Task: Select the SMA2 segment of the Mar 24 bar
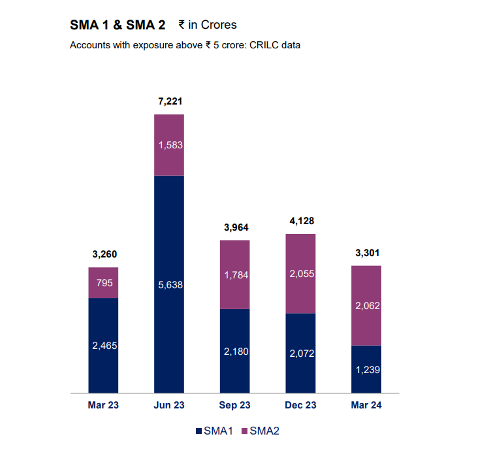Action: pyautogui.click(x=366, y=305)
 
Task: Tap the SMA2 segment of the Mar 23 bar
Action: pyautogui.click(x=103, y=282)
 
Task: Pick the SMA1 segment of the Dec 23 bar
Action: pyautogui.click(x=300, y=353)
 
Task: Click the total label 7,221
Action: pyautogui.click(x=168, y=101)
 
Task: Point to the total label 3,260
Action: pyautogui.click(x=103, y=254)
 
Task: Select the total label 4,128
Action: pyautogui.click(x=300, y=221)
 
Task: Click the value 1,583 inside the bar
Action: pyautogui.click(x=168, y=144)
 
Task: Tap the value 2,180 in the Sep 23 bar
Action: pyautogui.click(x=235, y=352)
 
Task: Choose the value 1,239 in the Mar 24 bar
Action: pyautogui.click(x=366, y=369)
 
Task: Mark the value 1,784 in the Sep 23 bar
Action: pyautogui.click(x=235, y=275)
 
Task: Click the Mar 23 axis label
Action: pyautogui.click(x=103, y=406)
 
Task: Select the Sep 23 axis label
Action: pyautogui.click(x=235, y=406)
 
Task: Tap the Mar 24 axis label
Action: pyautogui.click(x=366, y=406)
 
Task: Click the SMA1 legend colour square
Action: pyautogui.click(x=199, y=431)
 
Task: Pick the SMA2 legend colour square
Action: pyautogui.click(x=245, y=431)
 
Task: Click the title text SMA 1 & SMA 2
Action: pyautogui.click(x=118, y=25)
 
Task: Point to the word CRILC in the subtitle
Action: pyautogui.click(x=263, y=46)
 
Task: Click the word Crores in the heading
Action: pyautogui.click(x=219, y=25)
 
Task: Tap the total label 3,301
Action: pyautogui.click(x=366, y=253)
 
